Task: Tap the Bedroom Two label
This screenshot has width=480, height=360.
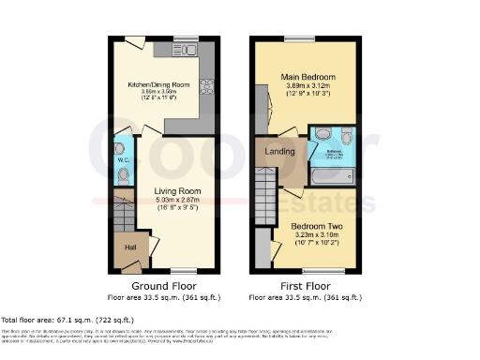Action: (x=315, y=227)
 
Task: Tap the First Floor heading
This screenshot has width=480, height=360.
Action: (x=305, y=285)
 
